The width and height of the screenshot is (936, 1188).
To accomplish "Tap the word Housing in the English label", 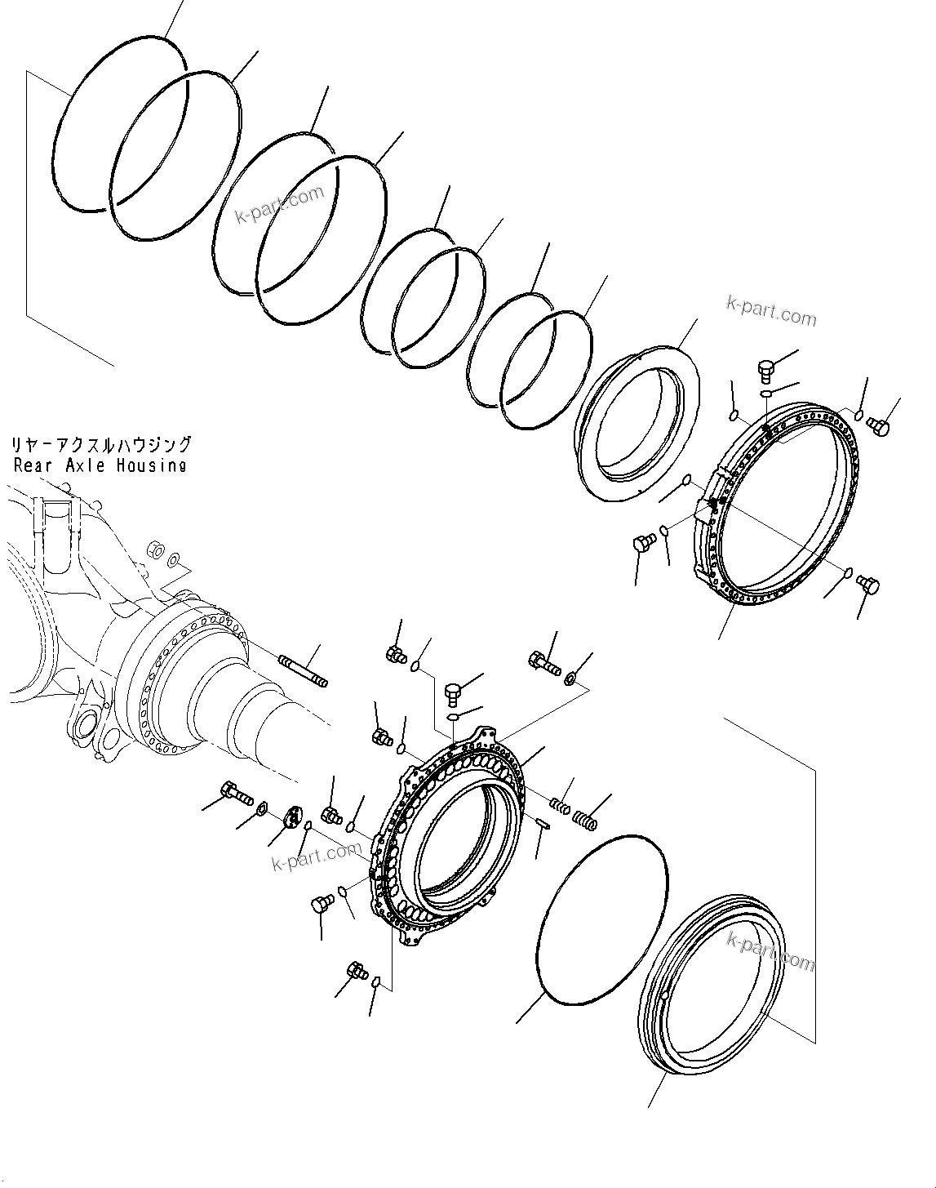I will tap(150, 465).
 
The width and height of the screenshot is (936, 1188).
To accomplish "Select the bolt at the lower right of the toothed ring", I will tap(868, 584).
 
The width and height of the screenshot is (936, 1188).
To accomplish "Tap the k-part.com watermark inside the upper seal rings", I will tap(280, 205).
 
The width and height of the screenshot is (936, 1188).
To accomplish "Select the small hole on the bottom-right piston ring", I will tap(665, 995).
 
